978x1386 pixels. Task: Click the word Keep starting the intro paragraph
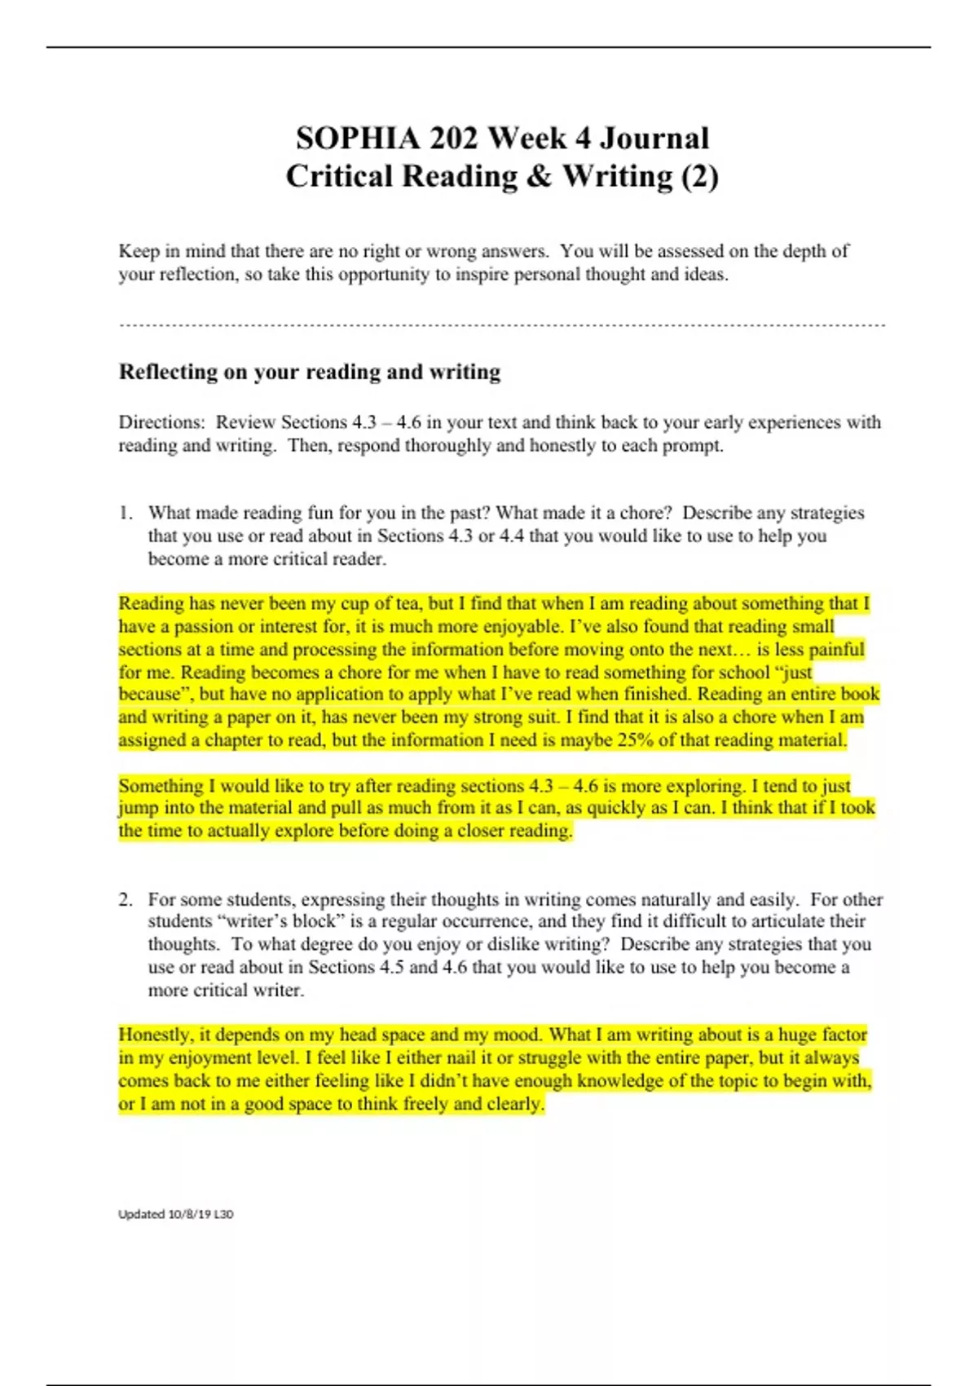coord(139,251)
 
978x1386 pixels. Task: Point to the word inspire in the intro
coord(482,274)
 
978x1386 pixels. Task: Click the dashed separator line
coord(501,325)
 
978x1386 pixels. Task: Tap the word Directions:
coord(161,422)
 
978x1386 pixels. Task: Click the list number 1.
coord(125,513)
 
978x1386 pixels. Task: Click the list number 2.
coord(125,899)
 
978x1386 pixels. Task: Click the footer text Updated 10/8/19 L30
coord(175,1214)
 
